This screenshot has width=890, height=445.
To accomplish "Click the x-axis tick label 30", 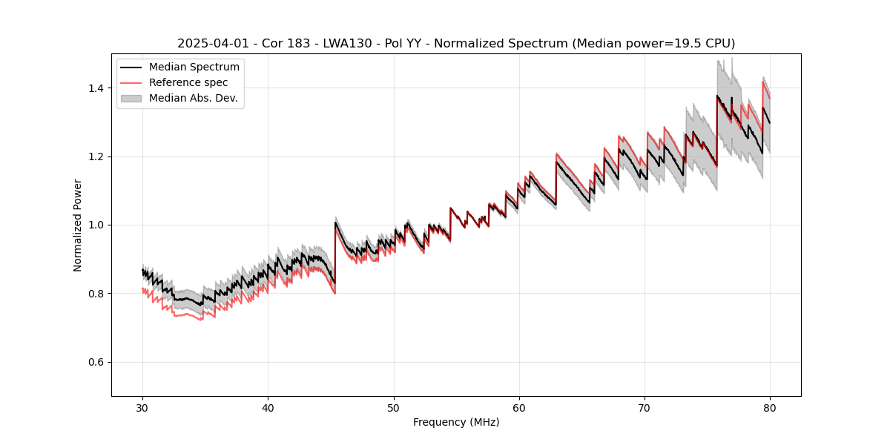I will (x=142, y=407).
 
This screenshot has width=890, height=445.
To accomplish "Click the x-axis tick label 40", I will (x=268, y=407).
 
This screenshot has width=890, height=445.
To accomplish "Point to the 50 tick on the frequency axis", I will (x=393, y=407).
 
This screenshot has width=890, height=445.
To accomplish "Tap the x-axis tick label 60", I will (x=518, y=407).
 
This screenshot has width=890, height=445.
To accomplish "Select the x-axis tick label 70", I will (x=645, y=407).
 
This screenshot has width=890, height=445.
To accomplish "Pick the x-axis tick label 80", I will (x=770, y=407).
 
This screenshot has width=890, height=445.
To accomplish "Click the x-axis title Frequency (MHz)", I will (x=456, y=422).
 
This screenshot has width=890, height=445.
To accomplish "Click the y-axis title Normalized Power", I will (x=78, y=225).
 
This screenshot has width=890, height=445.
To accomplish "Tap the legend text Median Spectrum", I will (x=194, y=67).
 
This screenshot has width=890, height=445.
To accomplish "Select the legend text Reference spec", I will (x=188, y=82).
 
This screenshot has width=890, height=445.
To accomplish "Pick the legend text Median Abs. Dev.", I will (x=193, y=98).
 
